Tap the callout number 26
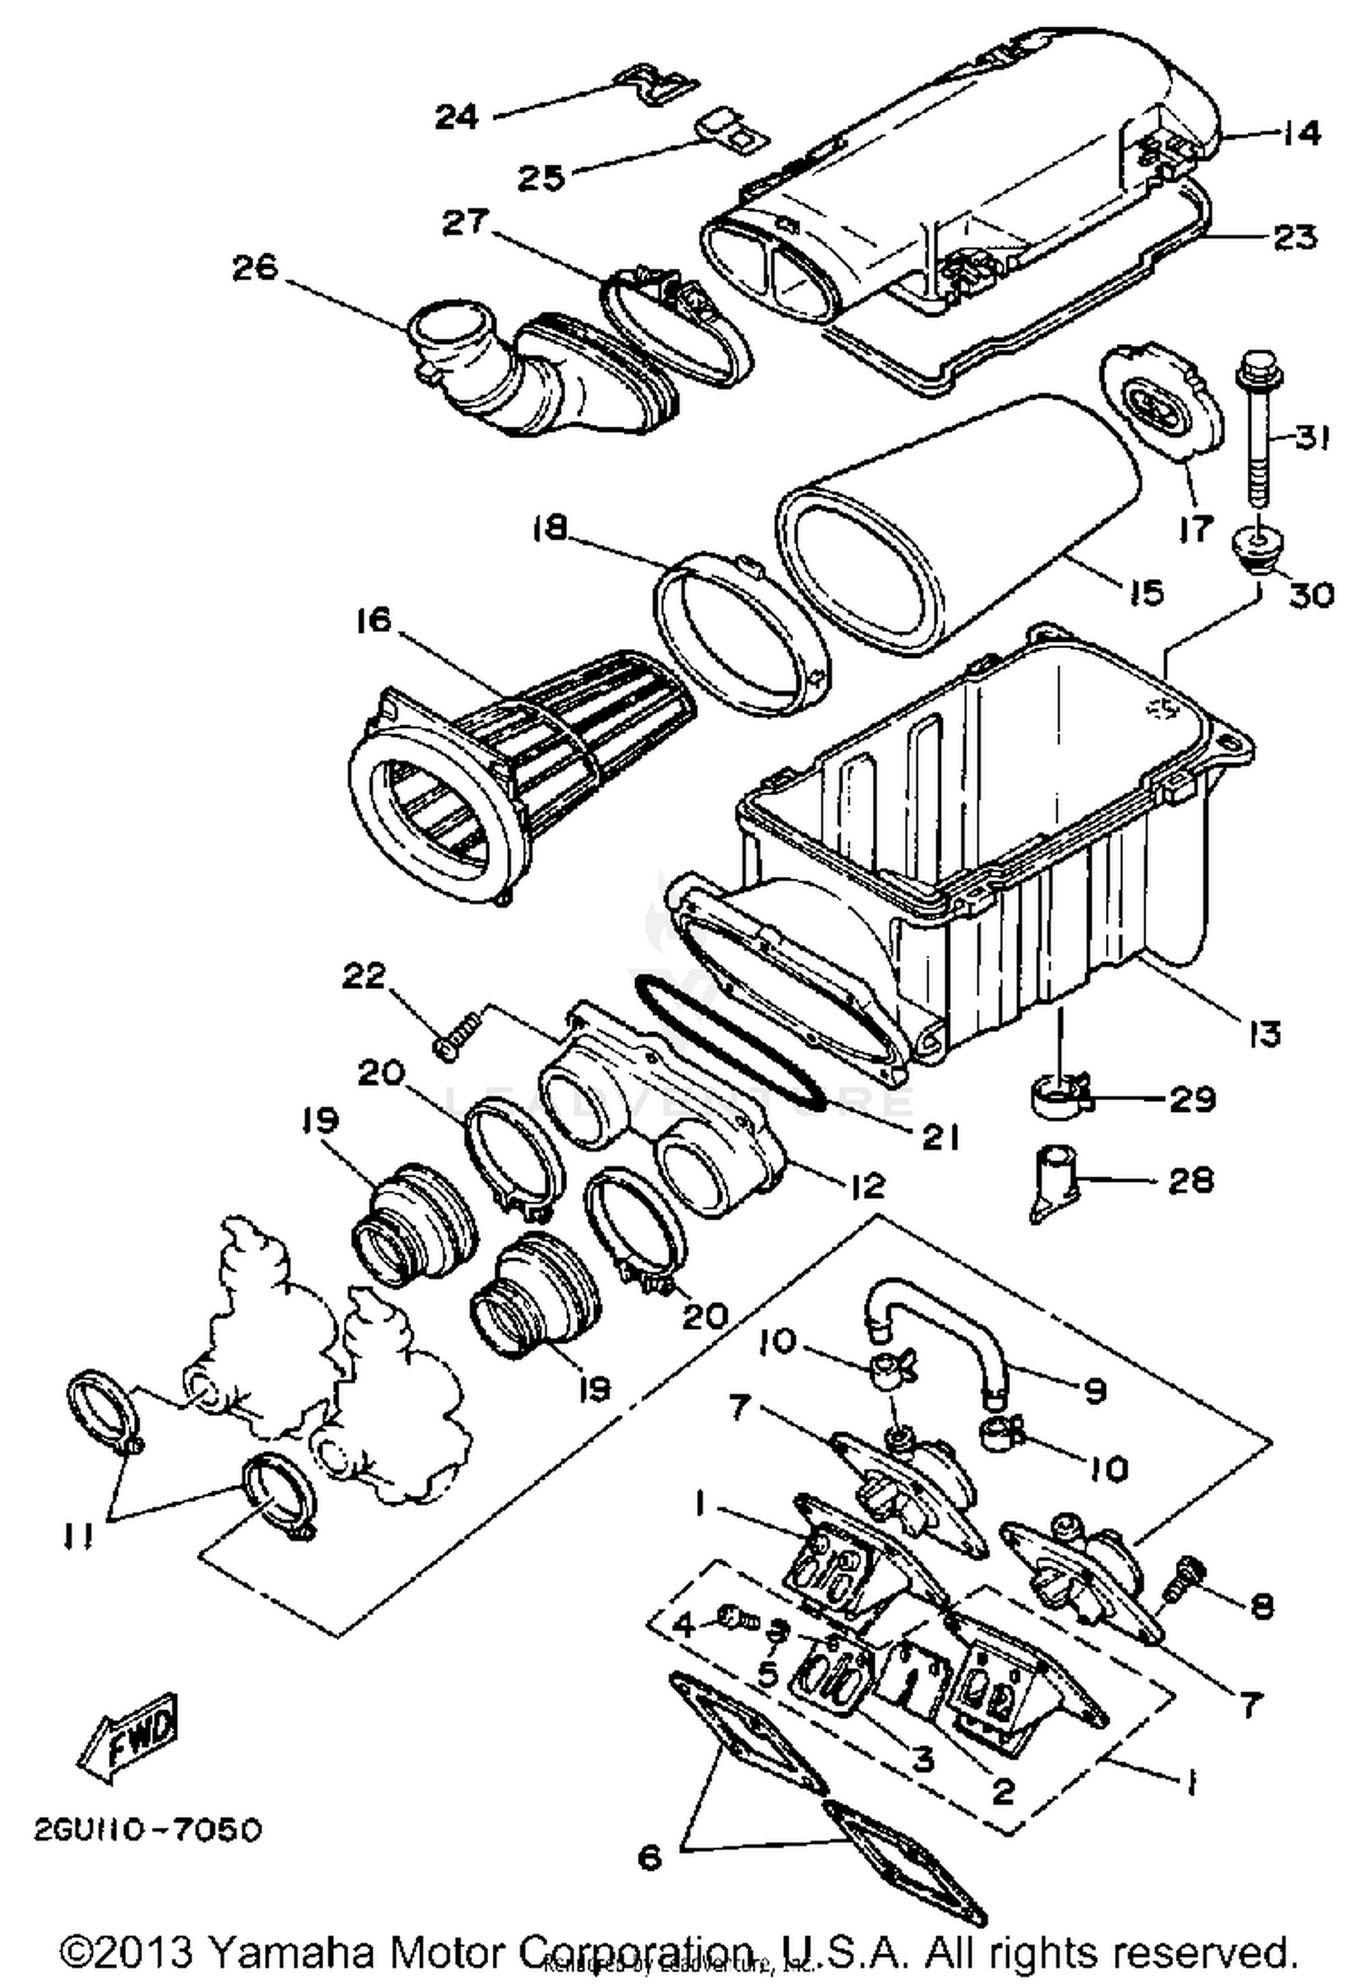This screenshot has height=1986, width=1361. (254, 270)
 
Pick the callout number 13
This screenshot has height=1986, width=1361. (1264, 1032)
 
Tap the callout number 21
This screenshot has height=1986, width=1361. (939, 1138)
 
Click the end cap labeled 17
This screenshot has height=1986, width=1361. (1160, 407)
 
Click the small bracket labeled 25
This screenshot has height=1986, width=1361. (731, 131)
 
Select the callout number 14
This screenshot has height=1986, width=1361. (1301, 133)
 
